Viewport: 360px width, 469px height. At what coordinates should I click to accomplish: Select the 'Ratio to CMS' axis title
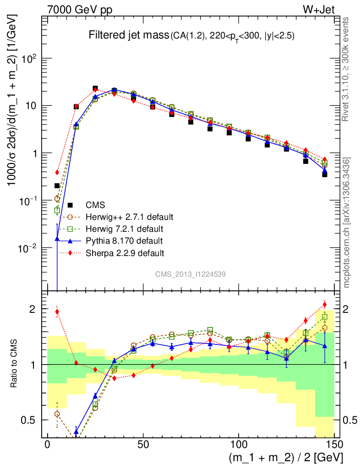[15, 364]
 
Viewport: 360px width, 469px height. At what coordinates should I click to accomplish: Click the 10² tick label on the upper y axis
[29, 59]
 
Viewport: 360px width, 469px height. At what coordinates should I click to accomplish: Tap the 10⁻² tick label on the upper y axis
[28, 248]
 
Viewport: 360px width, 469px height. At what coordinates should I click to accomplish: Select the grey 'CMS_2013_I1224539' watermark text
[190, 274]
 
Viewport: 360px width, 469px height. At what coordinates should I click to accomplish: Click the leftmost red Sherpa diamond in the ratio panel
[57, 312]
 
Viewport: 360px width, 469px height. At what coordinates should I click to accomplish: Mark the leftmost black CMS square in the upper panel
[57, 185]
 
